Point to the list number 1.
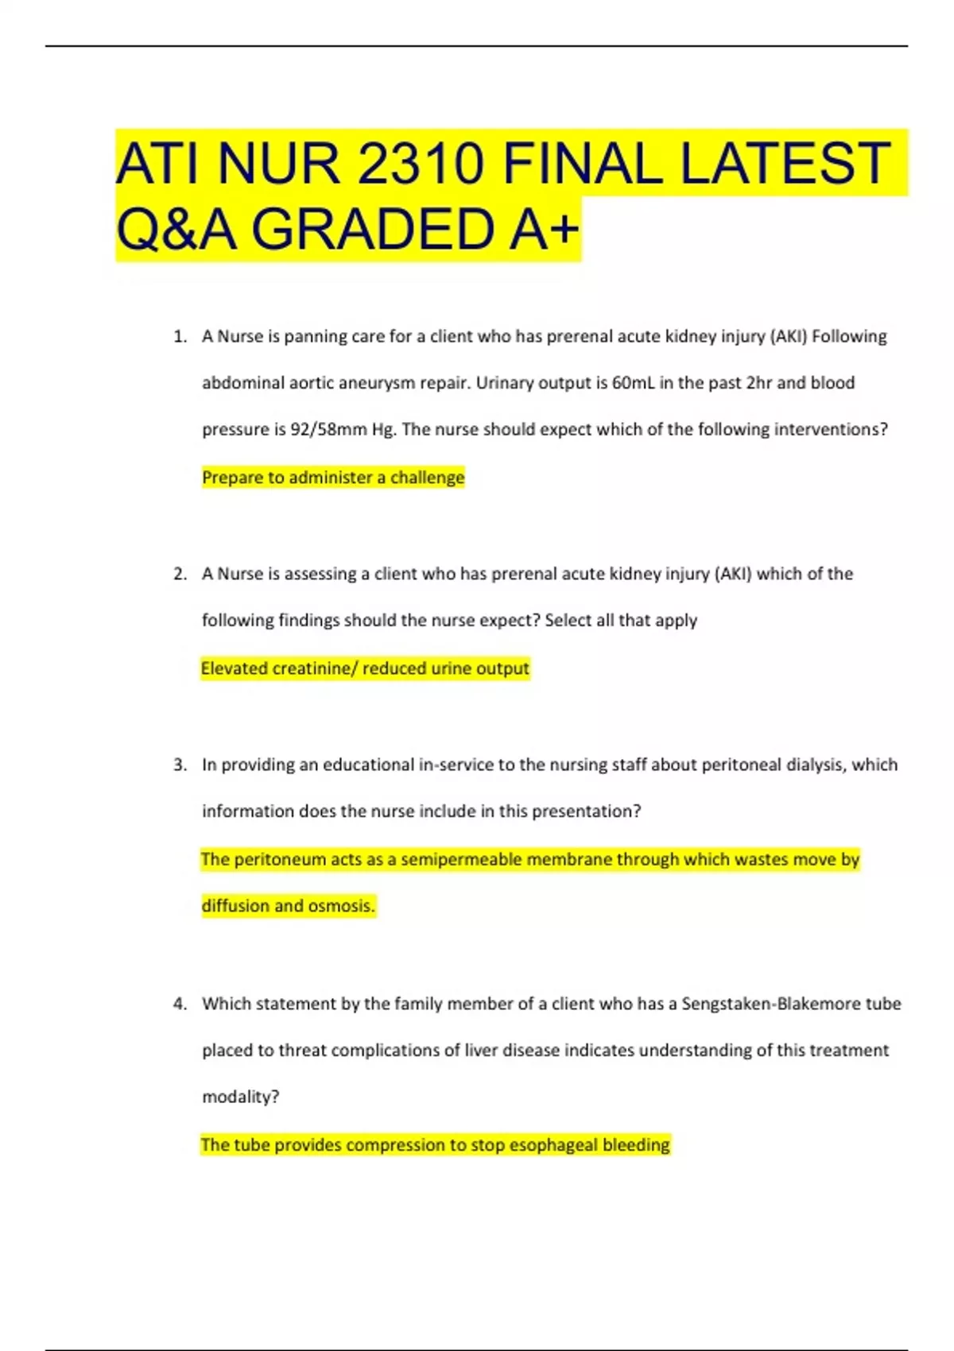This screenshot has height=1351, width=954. pos(180,337)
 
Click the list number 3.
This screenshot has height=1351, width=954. pos(180,765)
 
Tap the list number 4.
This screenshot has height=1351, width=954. pos(180,1005)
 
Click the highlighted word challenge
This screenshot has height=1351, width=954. pos(427,478)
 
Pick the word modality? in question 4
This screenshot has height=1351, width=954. pos(240,1097)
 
